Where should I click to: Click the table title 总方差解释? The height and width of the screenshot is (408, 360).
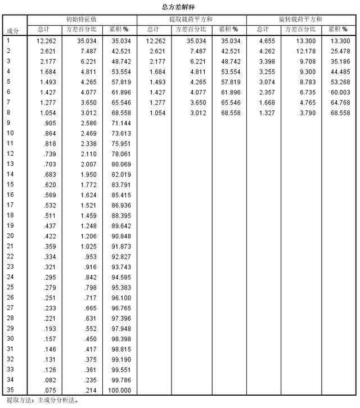pos(180,6)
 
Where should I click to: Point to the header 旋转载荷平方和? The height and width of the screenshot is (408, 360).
pos(300,19)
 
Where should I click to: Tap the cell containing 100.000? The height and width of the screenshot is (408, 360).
pos(120,390)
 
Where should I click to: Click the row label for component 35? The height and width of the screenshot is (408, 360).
pos(10,390)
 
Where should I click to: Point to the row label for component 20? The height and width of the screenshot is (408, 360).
pos(10,236)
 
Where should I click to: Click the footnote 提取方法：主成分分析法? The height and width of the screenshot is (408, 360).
pos(42,401)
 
